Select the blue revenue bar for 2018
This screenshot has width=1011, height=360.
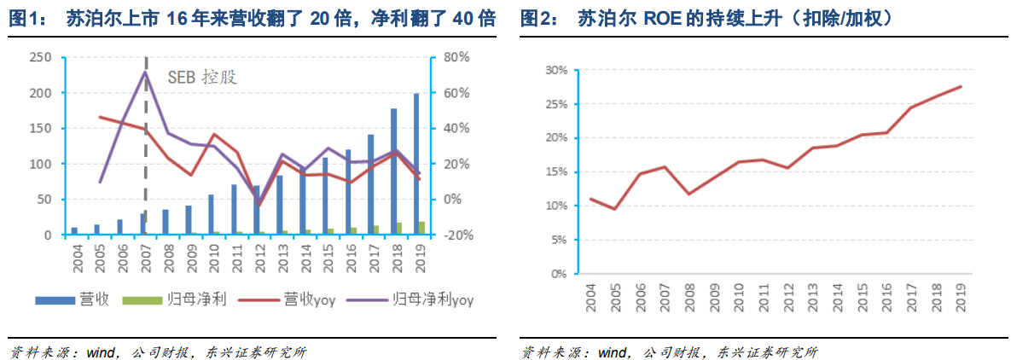(393, 171)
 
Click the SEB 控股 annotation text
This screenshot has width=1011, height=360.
(202, 76)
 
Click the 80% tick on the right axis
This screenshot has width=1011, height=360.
(458, 57)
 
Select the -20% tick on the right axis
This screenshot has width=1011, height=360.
(457, 235)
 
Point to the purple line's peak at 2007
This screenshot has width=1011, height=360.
(145, 72)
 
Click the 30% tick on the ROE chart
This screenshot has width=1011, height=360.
(555, 70)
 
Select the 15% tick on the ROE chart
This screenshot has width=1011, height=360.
(555, 171)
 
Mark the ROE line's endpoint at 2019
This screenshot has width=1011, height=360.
(962, 86)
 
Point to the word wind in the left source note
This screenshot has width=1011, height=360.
(96, 351)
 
